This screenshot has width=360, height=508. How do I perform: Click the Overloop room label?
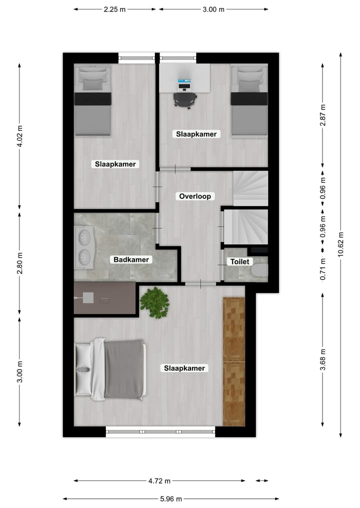[x=196, y=196]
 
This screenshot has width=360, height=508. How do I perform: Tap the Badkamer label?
[x=131, y=260]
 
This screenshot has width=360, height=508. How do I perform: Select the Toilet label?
[x=239, y=262]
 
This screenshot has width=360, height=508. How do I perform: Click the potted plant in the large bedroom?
[x=154, y=303]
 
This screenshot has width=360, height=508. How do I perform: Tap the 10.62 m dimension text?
[x=340, y=244]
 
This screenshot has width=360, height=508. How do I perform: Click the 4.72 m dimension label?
[x=159, y=481]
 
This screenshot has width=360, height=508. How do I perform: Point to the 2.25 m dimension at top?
[x=114, y=9]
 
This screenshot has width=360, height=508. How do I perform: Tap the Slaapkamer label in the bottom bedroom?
[x=184, y=368]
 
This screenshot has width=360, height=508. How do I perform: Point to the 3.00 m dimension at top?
[x=213, y=9]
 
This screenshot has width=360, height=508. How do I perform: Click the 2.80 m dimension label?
[x=20, y=263]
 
